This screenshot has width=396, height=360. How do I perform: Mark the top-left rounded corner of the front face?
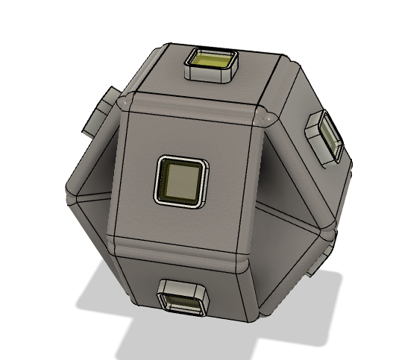click(125, 103)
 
